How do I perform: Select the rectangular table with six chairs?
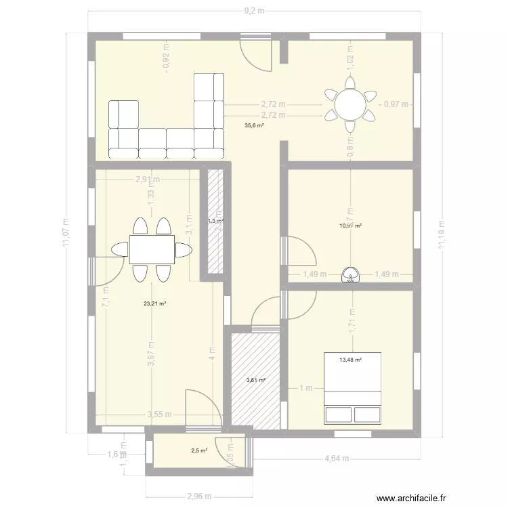152,249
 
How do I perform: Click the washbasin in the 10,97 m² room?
351,274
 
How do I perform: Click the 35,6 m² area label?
255,125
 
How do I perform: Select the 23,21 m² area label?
154,304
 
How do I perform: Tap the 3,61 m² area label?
255,381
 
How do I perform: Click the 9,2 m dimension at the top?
254,12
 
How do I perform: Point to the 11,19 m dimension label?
441,235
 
